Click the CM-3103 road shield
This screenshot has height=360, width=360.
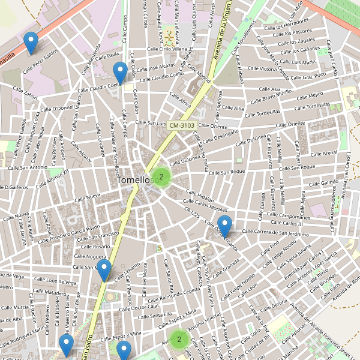[x=181, y=125]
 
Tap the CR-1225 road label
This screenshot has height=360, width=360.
[x=192, y=212]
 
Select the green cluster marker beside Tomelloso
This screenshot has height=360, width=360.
[x=161, y=176]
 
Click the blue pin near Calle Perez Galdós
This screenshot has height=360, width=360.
[x=30, y=43]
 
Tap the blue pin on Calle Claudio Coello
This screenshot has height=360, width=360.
[x=120, y=73]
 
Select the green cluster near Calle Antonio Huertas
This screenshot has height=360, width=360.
[x=178, y=340]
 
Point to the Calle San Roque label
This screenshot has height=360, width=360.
[x=227, y=172]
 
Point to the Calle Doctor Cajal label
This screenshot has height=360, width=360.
[x=139, y=307]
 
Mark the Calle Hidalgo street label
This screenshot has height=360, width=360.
[x=200, y=196]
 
